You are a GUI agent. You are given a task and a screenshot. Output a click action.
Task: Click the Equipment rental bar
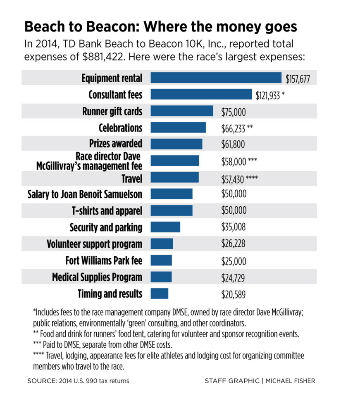pyautogui.click(x=216, y=78)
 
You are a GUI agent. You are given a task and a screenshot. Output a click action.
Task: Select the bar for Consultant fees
pyautogui.click(x=201, y=94)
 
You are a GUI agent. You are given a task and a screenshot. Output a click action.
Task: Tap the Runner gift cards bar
pyautogui.click(x=182, y=111)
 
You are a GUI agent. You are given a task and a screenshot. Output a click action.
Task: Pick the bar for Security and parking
pyautogui.click(x=165, y=227)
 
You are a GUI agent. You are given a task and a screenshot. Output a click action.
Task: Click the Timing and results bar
pyautogui.click(x=160, y=294)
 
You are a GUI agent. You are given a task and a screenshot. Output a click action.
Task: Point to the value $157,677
pyautogui.click(x=298, y=79)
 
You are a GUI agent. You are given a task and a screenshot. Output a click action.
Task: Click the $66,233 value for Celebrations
pyautogui.click(x=233, y=128)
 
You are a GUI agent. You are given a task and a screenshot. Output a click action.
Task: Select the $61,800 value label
pyautogui.click(x=234, y=144)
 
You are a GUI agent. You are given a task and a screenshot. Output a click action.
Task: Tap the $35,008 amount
pyautogui.click(x=234, y=227)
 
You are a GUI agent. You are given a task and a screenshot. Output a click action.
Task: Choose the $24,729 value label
pyautogui.click(x=233, y=277)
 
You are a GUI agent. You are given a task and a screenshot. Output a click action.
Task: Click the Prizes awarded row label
pyautogui.click(x=115, y=143)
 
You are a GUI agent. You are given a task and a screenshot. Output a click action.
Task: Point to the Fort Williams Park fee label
pyautogui.click(x=104, y=261)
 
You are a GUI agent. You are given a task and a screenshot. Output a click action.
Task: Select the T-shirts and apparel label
pyautogui.click(x=107, y=211)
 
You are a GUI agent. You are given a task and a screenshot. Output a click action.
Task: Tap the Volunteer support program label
pyautogui.click(x=94, y=244)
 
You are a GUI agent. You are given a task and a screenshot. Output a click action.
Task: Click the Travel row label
pyautogui.click(x=131, y=179)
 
